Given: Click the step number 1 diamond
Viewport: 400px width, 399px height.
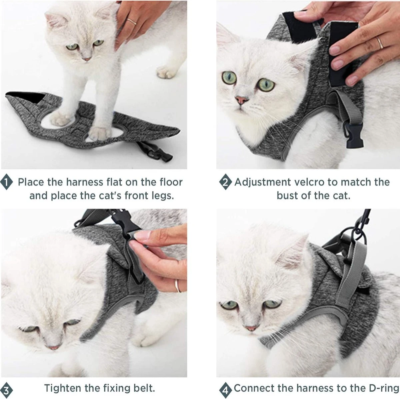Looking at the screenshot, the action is point(6,182).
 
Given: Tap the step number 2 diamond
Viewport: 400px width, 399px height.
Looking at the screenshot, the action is point(225,182).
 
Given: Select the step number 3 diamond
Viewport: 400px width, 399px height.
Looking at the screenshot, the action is point(6,390).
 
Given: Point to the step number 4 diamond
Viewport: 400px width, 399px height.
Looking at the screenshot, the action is point(225,390).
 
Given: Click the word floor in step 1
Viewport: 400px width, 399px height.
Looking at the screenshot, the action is point(171,182).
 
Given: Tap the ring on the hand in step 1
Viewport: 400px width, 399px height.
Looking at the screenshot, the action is point(131,22).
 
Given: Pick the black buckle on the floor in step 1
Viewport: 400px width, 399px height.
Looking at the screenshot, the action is point(155,152).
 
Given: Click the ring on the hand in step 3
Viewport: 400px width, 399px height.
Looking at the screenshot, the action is point(177,286).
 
